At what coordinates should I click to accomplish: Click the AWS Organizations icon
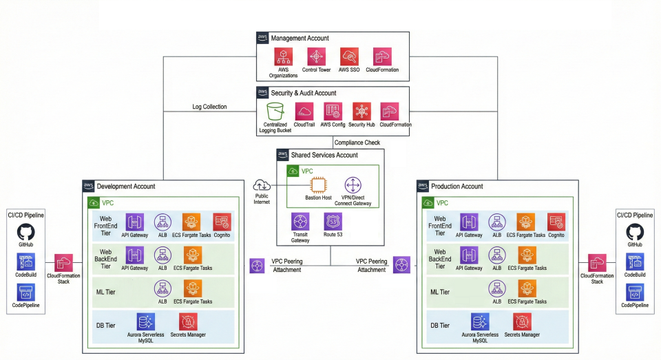[x=283, y=57]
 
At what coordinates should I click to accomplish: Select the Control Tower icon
[x=316, y=57]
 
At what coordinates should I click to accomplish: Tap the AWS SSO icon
[x=349, y=57]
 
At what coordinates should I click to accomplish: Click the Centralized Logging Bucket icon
[x=275, y=112]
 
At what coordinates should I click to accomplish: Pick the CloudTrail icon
[x=304, y=112]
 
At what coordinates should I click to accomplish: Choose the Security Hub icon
[x=361, y=112]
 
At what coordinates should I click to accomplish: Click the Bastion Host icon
[x=319, y=184]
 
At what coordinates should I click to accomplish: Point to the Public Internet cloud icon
[x=262, y=184]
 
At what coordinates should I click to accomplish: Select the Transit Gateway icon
[x=300, y=222]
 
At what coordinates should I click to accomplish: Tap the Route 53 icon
[x=333, y=222]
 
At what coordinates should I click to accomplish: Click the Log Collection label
[x=209, y=107]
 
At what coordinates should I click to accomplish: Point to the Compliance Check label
[x=357, y=142]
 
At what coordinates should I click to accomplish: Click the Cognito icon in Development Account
[x=222, y=222]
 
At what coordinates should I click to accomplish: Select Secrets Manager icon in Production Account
[x=522, y=321]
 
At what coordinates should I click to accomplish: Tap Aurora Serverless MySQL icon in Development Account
[x=146, y=321]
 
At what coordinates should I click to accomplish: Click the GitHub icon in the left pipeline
[x=26, y=232]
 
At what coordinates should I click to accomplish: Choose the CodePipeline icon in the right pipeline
[x=634, y=291]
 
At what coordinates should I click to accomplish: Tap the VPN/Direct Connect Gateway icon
[x=353, y=184]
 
